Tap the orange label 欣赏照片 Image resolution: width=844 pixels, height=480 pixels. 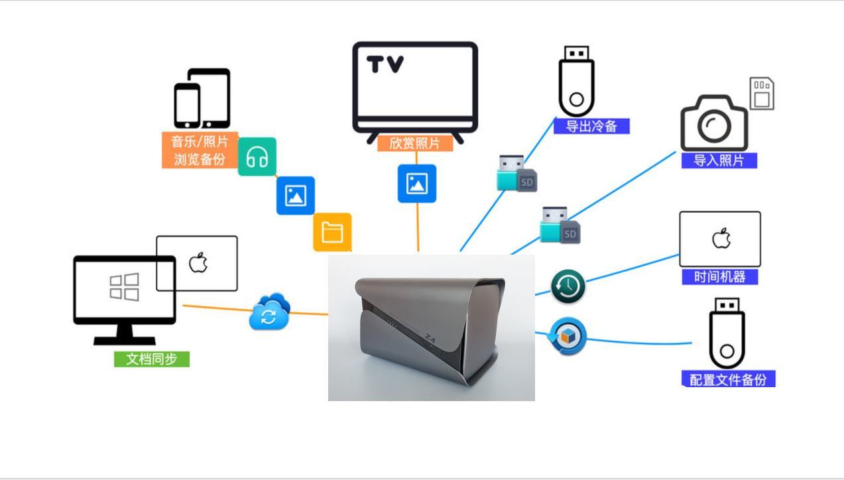coord(415,143)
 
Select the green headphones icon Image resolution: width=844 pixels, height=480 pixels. coord(257,157)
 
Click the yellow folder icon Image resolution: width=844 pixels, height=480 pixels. coord(332,232)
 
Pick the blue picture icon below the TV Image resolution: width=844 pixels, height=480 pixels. coord(417,184)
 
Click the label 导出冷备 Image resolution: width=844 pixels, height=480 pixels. coord(591,126)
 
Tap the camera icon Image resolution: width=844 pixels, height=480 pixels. coord(714,123)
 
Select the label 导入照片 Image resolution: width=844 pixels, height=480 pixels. coord(719,160)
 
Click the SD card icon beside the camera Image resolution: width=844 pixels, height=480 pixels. coord(762,93)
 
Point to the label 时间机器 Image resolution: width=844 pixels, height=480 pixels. coord(720,276)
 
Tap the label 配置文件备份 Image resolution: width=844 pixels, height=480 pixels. coord(728,379)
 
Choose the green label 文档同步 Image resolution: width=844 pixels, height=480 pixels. coord(152,359)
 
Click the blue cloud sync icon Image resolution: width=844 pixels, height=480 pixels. coord(269,312)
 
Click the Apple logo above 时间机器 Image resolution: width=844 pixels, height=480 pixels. coord(721,238)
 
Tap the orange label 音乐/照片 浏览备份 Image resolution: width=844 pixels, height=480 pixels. coord(200,150)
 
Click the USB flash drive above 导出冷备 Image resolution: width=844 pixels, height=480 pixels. coord(576,81)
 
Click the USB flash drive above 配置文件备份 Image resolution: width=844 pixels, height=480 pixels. coord(727,333)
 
